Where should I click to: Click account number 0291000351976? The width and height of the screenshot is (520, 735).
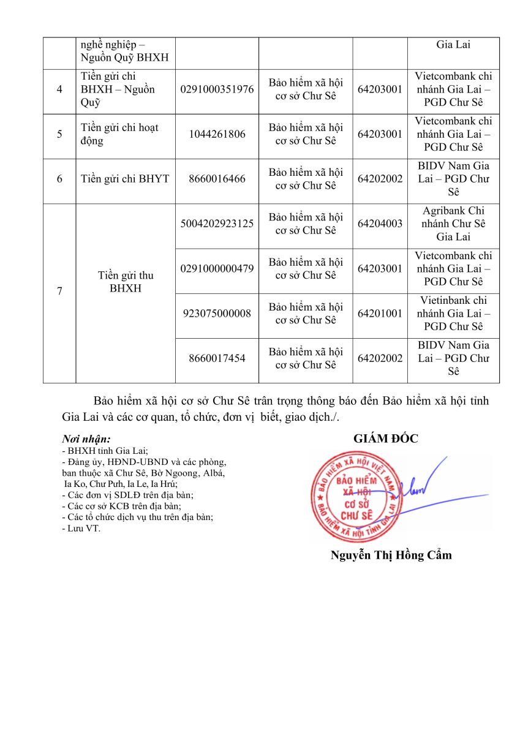click(x=217, y=89)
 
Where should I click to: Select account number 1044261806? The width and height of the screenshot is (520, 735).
click(x=217, y=134)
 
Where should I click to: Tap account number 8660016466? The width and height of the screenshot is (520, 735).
click(x=217, y=179)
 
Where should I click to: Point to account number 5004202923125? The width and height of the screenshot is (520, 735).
click(x=217, y=224)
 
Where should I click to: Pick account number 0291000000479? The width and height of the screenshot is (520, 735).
click(x=217, y=268)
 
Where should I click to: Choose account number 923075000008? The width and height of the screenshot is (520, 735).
click(x=217, y=314)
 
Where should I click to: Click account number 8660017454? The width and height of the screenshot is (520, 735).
click(x=217, y=358)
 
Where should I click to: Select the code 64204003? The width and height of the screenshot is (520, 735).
click(x=380, y=224)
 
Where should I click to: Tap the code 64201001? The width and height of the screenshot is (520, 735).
click(x=380, y=314)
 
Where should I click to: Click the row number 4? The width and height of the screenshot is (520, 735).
click(x=59, y=89)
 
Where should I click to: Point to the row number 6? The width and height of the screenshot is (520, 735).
click(x=59, y=179)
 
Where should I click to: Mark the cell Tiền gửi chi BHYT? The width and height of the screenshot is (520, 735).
click(x=125, y=179)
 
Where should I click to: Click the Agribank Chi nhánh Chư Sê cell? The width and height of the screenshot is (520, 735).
click(x=453, y=224)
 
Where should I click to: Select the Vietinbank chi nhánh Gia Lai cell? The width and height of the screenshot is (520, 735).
click(x=453, y=314)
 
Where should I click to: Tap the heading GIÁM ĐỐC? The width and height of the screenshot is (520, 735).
click(x=385, y=439)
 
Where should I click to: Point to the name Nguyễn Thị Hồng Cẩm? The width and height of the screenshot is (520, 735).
click(x=391, y=556)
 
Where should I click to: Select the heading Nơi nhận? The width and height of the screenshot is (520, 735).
click(x=86, y=439)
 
